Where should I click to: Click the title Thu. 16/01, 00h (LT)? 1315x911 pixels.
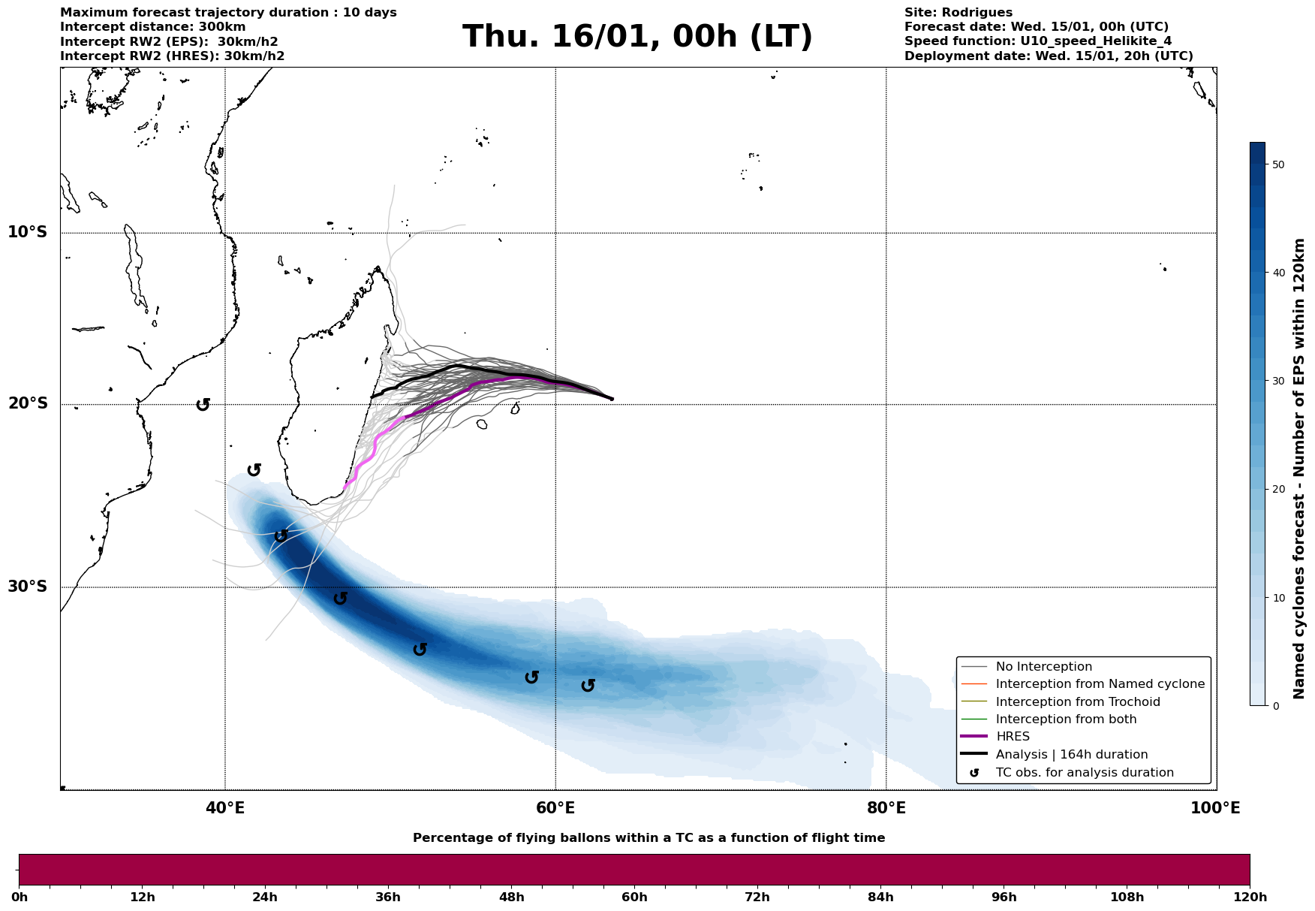pos(637,37)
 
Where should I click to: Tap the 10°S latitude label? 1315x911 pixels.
pos(28,232)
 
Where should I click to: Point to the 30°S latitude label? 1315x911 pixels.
pos(28,587)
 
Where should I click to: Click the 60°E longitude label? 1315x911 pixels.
pos(555,808)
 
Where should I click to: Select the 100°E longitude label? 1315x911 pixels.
pos(1215,808)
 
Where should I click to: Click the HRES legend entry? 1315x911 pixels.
pos(1013,737)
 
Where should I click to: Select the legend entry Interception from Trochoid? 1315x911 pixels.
pos(1078,702)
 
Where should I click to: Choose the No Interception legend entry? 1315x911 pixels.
pos(1043,667)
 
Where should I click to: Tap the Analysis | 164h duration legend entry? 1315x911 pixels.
pos(1071,755)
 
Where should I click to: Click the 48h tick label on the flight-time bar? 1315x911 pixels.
pos(511,897)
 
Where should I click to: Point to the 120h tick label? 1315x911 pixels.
pos(1250,897)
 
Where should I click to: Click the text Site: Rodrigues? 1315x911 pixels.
pos(958,13)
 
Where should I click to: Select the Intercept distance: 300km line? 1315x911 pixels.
pos(153,27)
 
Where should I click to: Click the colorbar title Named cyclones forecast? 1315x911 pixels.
pos(1300,469)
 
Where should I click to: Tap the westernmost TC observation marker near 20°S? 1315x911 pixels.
pos(203,405)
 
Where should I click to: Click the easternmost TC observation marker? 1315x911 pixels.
pos(588,686)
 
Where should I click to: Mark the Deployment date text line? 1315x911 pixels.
pos(1048,56)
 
